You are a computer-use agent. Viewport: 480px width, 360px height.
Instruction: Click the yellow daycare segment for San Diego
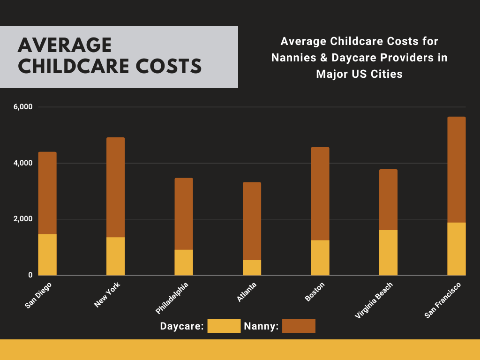(x=47, y=254)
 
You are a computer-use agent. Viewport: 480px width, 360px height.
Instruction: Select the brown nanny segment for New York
(x=115, y=187)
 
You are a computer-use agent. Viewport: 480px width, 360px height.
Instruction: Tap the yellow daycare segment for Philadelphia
(x=184, y=262)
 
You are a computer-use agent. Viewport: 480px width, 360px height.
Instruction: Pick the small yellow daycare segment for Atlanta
(x=252, y=268)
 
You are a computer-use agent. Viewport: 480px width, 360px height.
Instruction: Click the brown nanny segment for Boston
(x=320, y=194)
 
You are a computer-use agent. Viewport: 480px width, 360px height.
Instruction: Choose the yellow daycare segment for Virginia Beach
(x=388, y=252)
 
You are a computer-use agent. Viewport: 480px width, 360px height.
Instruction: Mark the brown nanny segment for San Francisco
(x=456, y=170)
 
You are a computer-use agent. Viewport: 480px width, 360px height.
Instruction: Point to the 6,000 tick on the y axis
(x=23, y=107)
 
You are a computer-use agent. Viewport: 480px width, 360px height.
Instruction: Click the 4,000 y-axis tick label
(x=23, y=163)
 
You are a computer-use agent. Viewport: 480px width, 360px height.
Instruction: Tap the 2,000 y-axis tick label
(x=23, y=219)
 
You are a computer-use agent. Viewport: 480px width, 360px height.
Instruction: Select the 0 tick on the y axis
(x=29, y=275)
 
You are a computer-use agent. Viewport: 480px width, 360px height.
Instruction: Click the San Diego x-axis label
(x=38, y=295)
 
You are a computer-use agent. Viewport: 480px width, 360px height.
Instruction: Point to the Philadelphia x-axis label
(x=172, y=298)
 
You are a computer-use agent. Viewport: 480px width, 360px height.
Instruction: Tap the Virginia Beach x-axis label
(x=374, y=300)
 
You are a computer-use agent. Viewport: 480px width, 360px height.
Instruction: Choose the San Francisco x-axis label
(x=442, y=300)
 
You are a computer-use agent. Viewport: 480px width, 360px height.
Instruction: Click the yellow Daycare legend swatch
(x=224, y=326)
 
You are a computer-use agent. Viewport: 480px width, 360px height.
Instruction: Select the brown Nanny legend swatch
(x=299, y=326)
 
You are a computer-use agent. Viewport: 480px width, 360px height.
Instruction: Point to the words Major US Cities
(x=359, y=74)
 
